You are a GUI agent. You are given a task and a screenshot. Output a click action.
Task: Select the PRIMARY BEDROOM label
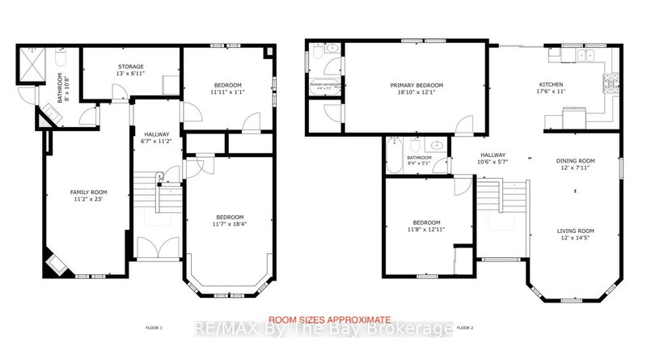[417, 85]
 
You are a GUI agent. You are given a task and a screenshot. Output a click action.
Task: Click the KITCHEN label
[552, 85]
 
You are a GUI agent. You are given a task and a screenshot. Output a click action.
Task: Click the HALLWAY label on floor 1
[156, 134]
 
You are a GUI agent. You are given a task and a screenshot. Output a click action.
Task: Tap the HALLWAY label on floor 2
[493, 155]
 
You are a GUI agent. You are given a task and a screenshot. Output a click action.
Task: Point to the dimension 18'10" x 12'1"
[417, 92]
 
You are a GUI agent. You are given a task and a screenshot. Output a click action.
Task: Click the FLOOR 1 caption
[153, 328]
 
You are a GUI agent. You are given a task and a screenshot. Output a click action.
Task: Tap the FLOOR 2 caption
[464, 328]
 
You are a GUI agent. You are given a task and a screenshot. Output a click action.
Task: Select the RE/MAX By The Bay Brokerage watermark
[323, 329]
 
